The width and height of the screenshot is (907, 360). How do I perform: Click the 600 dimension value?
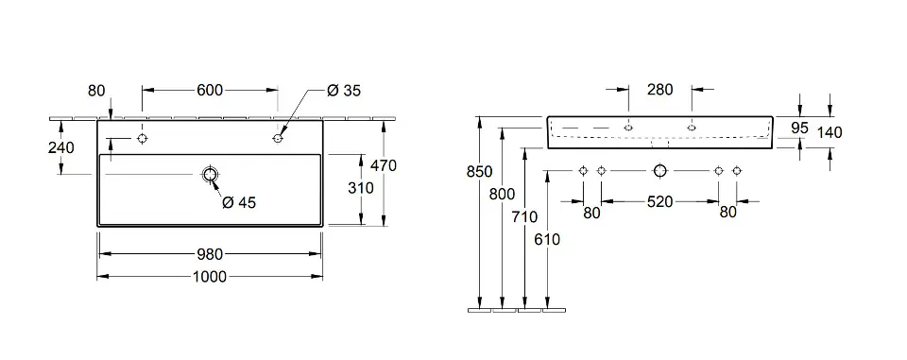(210, 90)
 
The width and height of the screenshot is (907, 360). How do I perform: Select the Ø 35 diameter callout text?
(343, 91)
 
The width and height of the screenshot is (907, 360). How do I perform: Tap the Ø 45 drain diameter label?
(239, 202)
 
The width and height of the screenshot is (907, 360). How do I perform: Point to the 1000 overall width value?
(210, 277)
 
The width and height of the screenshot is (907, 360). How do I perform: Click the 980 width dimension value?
(210, 254)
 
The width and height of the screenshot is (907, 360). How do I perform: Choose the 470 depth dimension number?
(384, 165)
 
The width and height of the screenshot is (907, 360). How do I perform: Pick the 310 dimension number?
(361, 188)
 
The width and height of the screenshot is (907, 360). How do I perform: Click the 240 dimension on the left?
(60, 147)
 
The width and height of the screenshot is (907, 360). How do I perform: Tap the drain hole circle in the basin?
(210, 174)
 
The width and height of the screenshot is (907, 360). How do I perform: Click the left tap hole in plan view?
(142, 138)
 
